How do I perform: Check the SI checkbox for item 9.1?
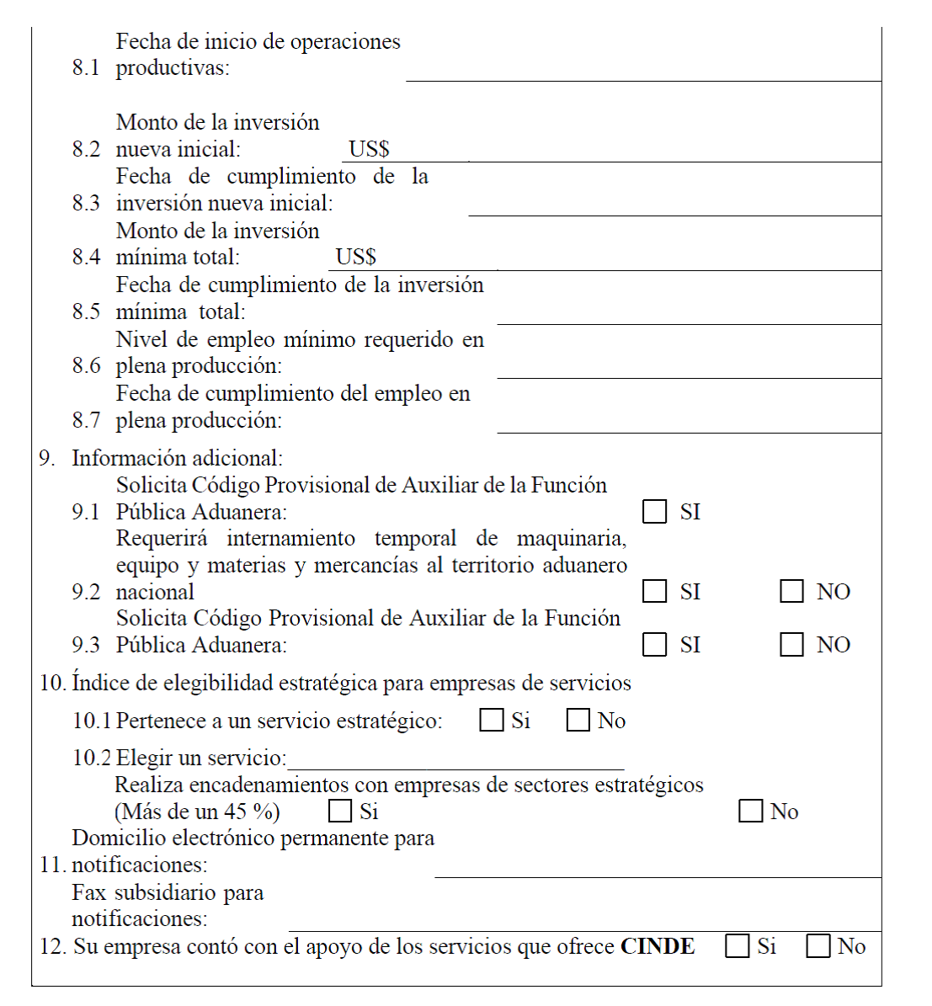(654, 512)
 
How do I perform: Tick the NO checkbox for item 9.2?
(791, 592)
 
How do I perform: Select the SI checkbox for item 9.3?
(654, 645)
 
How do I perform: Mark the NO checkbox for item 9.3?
(791, 645)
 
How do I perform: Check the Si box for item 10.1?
(491, 721)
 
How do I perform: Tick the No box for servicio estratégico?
(578, 721)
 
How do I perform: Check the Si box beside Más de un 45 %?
(339, 812)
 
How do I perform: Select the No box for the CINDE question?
(817, 946)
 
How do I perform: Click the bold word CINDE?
(658, 946)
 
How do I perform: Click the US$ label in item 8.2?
(369, 149)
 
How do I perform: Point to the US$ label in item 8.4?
(355, 257)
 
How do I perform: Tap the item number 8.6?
(86, 365)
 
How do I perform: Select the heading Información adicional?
(177, 458)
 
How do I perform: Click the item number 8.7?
(86, 420)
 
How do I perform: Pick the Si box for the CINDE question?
(737, 946)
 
